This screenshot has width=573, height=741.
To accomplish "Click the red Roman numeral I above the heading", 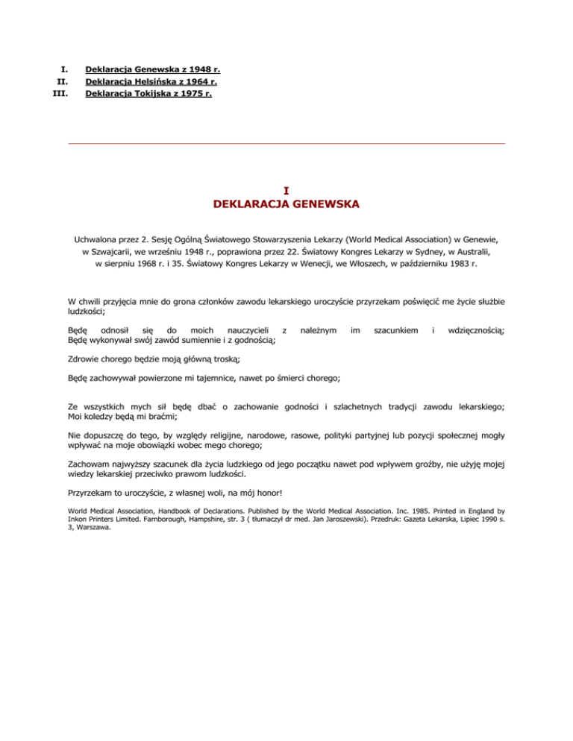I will (x=286, y=191).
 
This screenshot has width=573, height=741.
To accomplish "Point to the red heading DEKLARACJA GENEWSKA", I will (x=286, y=204).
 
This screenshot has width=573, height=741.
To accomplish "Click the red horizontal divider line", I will (x=286, y=143).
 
